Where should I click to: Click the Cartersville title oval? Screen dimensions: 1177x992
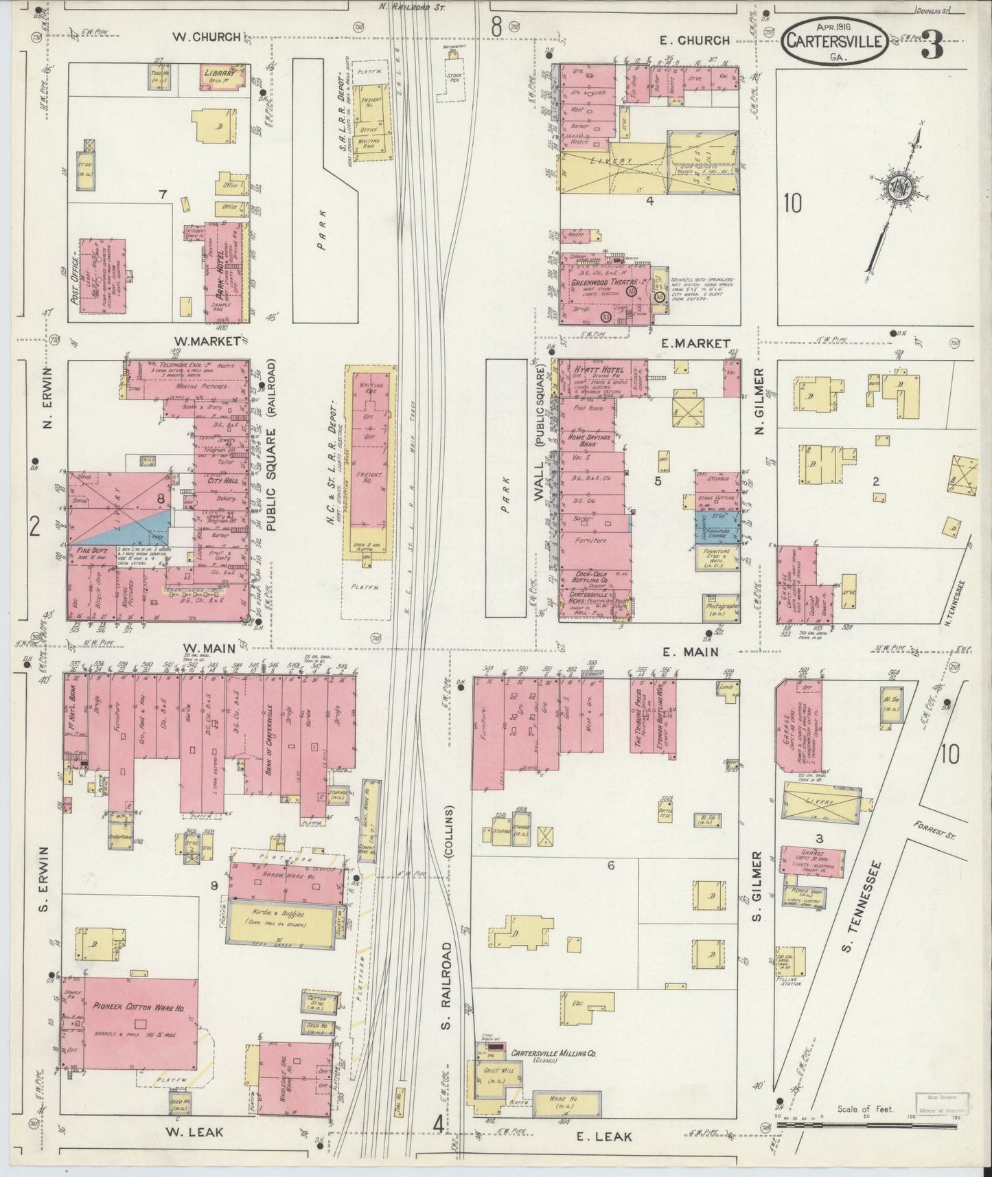tap(834, 42)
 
